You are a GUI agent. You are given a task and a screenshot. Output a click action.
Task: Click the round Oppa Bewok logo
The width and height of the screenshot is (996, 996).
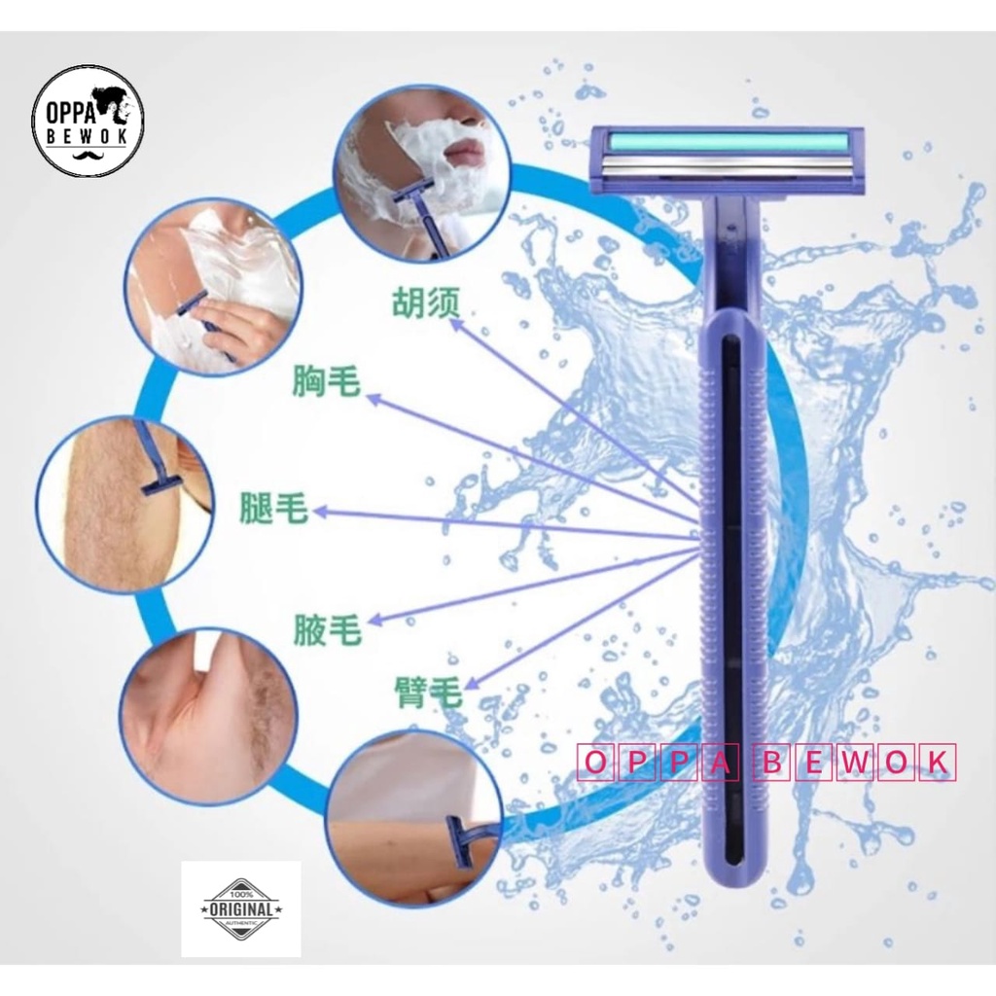[x=88, y=121]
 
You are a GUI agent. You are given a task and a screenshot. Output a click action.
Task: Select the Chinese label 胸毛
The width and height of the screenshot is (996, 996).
[x=326, y=381]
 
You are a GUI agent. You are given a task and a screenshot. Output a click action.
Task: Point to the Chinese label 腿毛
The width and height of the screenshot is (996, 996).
[x=273, y=508]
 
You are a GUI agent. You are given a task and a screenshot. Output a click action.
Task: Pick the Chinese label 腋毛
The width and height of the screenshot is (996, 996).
[x=327, y=631]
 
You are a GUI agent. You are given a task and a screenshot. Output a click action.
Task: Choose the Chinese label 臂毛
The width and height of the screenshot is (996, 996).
[x=424, y=692]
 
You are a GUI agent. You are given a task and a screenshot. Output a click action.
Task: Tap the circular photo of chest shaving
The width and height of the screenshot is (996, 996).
[x=212, y=285]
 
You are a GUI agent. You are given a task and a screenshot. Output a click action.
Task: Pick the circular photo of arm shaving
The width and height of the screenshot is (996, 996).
[x=413, y=811]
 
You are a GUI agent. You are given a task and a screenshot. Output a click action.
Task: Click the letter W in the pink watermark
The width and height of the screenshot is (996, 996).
[x=855, y=763]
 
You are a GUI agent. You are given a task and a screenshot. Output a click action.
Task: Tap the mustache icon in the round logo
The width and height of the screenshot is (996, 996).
[x=88, y=155]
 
